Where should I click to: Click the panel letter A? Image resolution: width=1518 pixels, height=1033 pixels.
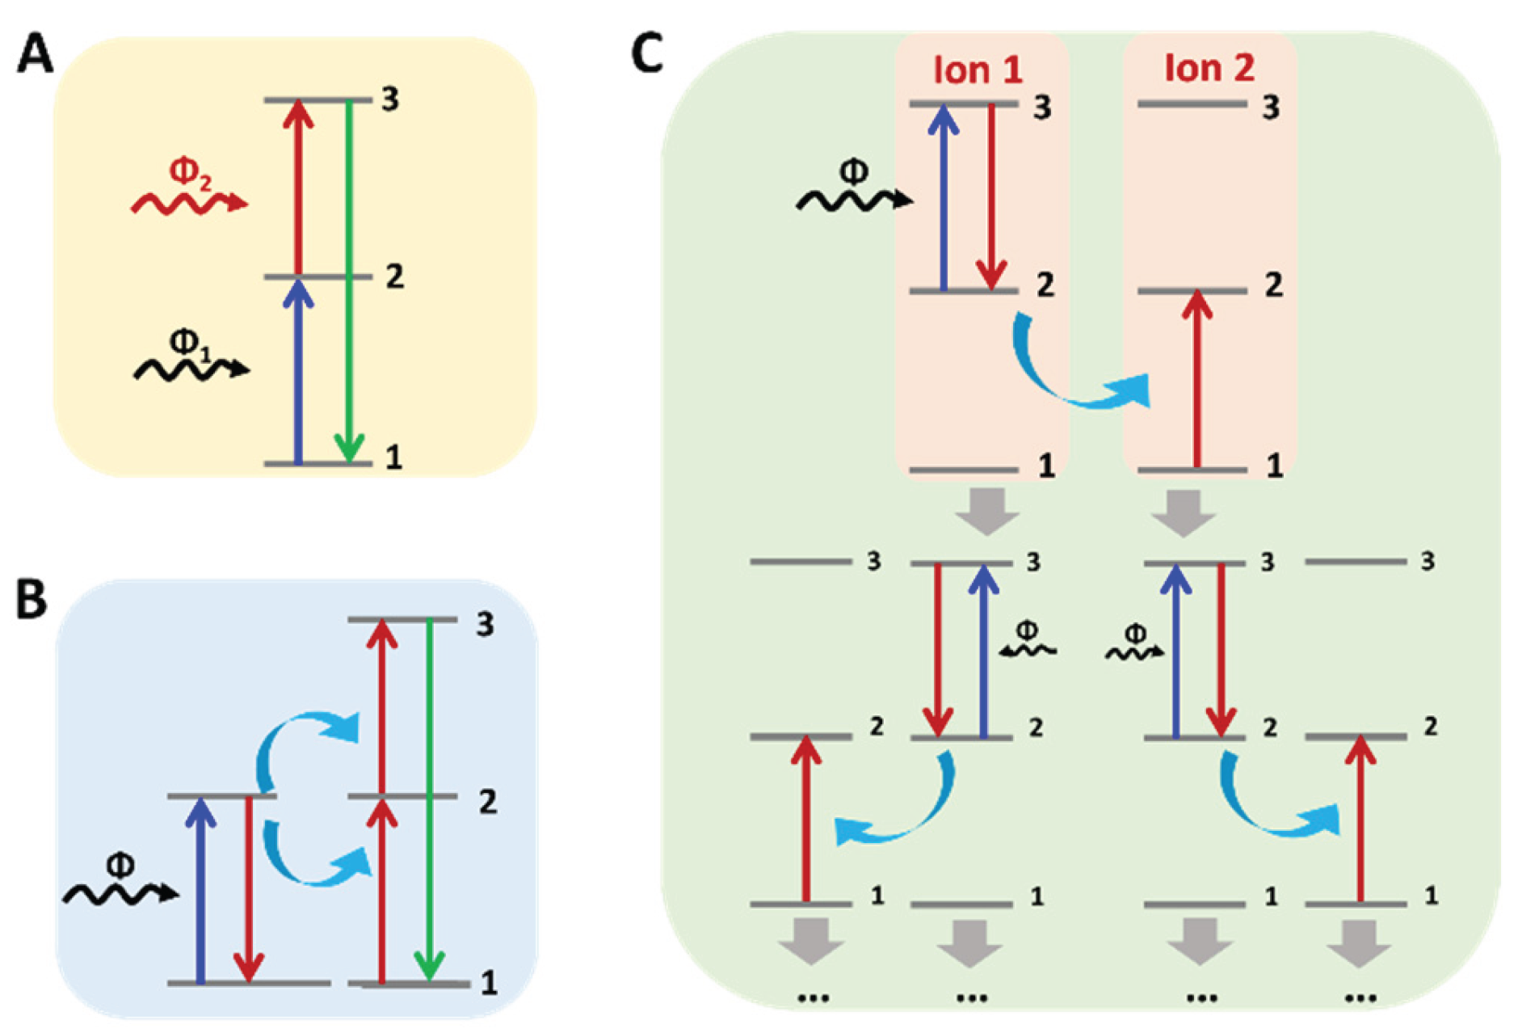[35, 57]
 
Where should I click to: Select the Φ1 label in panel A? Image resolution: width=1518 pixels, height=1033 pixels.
[189, 343]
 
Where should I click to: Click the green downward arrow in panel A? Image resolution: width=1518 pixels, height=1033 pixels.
[348, 283]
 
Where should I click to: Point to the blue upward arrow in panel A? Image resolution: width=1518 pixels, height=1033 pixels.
[299, 372]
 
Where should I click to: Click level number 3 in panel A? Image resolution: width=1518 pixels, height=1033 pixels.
[390, 100]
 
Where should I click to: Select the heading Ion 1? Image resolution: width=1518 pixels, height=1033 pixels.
[978, 70]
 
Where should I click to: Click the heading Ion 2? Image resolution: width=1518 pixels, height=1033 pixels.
[1209, 68]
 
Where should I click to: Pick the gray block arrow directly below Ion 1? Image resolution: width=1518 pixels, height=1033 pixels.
[986, 510]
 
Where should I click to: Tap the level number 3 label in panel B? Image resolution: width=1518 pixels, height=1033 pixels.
[485, 624]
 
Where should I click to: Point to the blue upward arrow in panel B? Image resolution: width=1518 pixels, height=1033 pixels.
[200, 889]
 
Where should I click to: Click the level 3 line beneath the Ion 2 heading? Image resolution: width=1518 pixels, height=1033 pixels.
[1192, 104]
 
